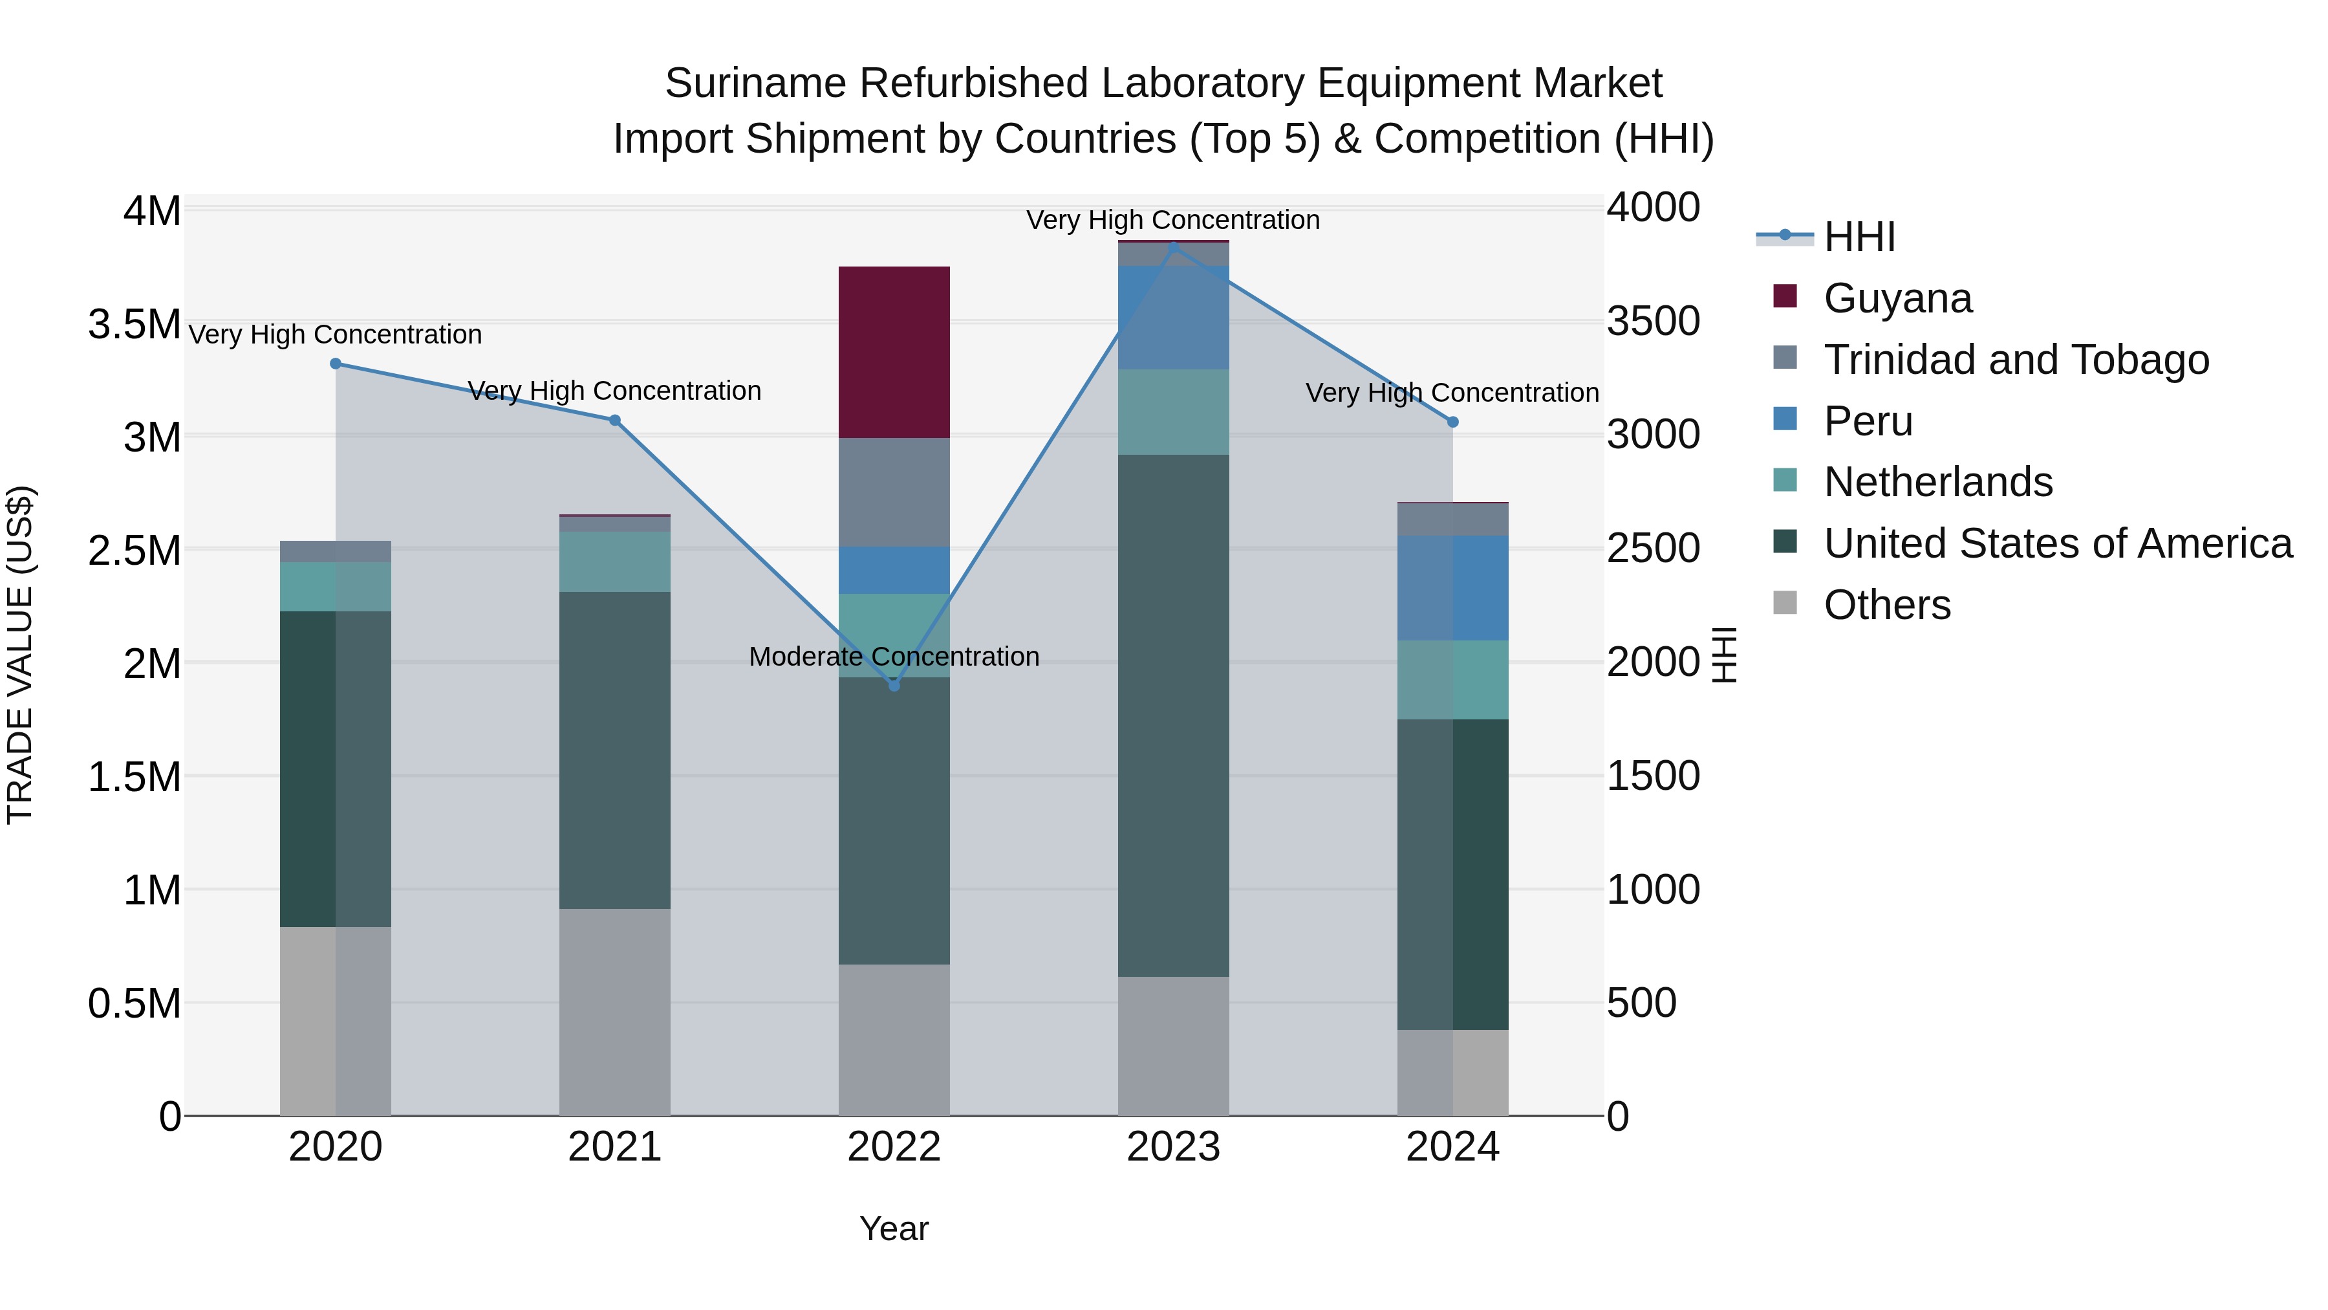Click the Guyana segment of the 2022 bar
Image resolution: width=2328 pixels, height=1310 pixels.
[894, 352]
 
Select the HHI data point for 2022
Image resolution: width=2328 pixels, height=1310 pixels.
[894, 685]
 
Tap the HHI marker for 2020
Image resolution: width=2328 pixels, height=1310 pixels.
[335, 364]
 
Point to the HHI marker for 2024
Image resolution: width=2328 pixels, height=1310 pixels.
[1452, 422]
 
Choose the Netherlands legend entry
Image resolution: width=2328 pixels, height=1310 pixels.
[1937, 482]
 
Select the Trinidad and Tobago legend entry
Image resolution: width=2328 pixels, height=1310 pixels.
[2015, 360]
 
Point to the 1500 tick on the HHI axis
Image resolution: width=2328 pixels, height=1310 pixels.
[1652, 776]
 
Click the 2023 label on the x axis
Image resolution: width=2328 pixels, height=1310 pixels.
[1173, 1147]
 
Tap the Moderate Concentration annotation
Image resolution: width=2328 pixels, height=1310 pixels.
[894, 657]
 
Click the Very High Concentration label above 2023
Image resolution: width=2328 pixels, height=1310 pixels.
[1172, 220]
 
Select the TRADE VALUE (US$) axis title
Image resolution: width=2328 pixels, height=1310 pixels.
[20, 655]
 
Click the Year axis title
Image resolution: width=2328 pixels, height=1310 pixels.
[894, 1228]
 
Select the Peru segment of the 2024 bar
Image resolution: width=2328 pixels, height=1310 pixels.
[1452, 587]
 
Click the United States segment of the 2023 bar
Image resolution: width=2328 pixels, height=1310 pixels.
[1173, 714]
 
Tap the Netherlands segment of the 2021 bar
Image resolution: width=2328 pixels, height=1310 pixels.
[614, 562]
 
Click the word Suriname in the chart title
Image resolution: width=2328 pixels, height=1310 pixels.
[755, 83]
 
